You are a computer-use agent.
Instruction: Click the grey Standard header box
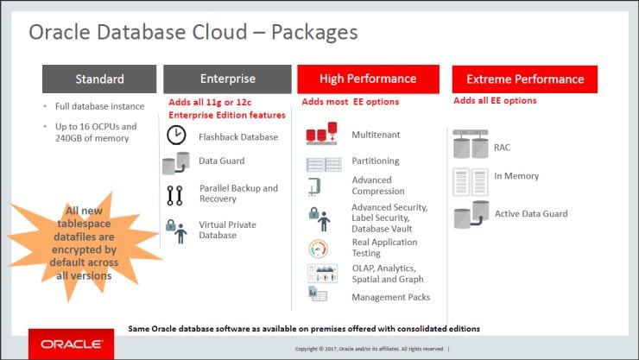pos(99,79)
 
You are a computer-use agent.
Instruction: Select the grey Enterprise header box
pos(227,79)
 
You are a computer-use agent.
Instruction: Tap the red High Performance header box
pos(367,79)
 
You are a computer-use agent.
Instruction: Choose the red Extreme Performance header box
pos(524,79)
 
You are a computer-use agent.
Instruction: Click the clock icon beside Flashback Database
pos(176,136)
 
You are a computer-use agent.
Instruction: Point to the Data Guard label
pos(221,161)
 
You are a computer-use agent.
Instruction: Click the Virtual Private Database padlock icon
pos(176,231)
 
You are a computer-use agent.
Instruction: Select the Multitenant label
pos(376,136)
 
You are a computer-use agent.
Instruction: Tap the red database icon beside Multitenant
pos(321,136)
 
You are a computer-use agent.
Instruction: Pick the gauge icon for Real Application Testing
pos(318,249)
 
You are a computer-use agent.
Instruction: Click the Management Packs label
pos(390,297)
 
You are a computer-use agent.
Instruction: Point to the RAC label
pos(502,148)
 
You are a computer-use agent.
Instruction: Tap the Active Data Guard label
pos(531,213)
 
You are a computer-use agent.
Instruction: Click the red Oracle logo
pos(71,343)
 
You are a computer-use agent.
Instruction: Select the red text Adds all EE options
pos(495,101)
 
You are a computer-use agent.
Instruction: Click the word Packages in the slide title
pos(314,33)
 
